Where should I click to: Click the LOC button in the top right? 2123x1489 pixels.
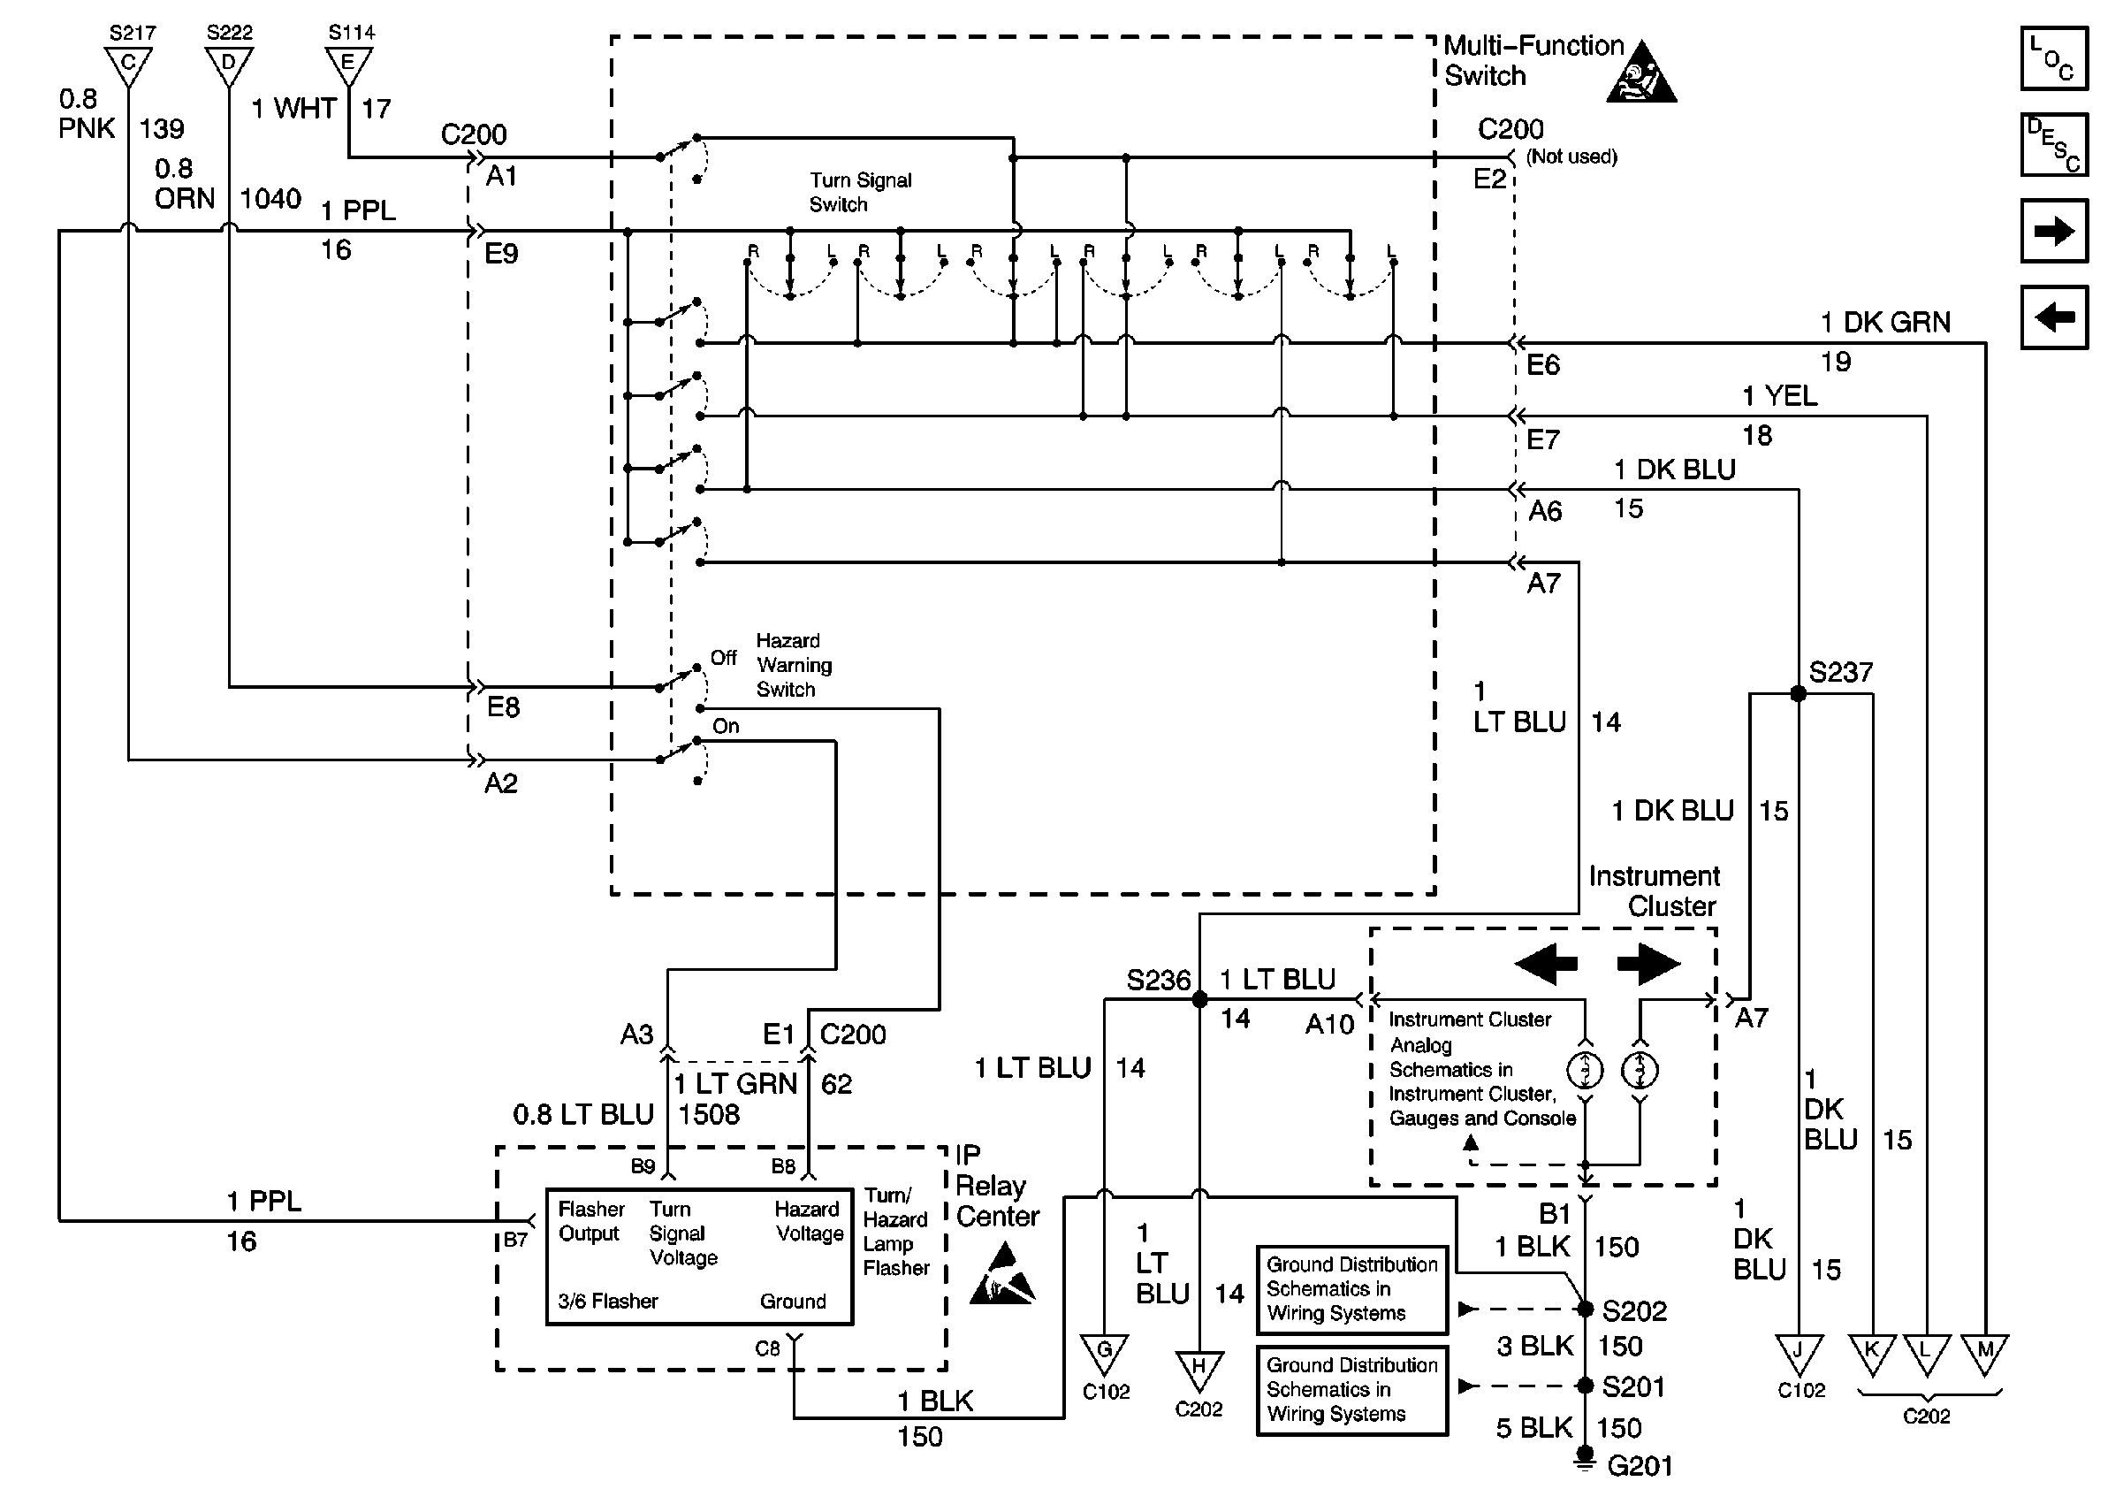point(2054,57)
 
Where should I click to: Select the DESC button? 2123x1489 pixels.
point(2054,144)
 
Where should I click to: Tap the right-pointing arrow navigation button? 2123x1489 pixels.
point(2054,230)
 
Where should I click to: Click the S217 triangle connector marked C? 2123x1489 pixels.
point(128,65)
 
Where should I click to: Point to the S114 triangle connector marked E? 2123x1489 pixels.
point(348,65)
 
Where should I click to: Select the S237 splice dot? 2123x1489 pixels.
point(1798,693)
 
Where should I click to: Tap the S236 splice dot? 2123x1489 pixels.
point(1199,1000)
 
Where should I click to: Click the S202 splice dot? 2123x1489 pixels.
point(1585,1309)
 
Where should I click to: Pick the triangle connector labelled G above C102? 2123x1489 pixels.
point(1104,1353)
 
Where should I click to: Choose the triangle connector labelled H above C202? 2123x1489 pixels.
point(1198,1371)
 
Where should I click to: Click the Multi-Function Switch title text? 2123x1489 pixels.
point(1533,60)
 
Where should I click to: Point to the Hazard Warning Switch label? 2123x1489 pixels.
point(794,665)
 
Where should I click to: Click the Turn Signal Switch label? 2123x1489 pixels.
point(860,192)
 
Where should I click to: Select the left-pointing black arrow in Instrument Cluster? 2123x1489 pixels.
point(1546,964)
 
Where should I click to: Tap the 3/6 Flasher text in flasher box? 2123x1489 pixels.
point(607,1302)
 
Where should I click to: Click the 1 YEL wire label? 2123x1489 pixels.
point(1779,396)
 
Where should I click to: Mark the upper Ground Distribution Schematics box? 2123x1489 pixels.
point(1351,1289)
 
